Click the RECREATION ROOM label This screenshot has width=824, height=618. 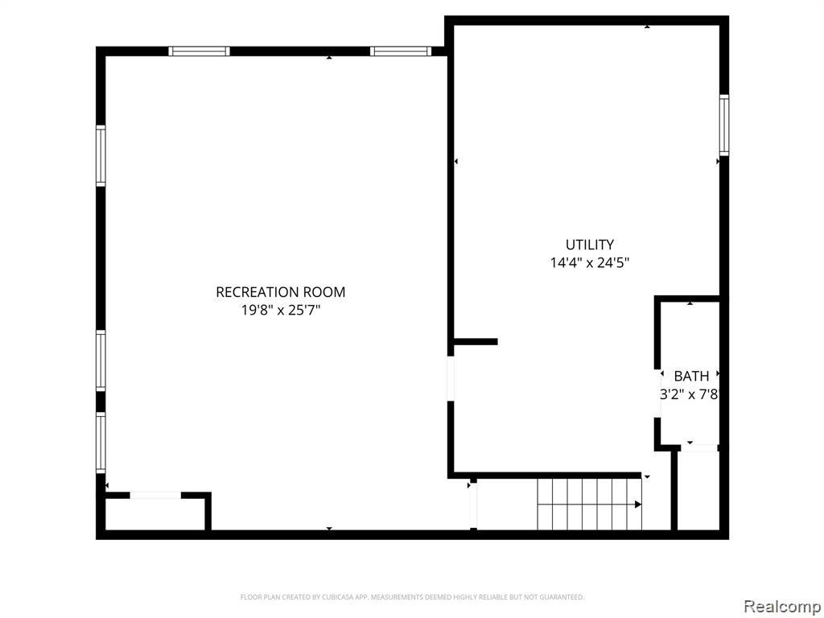[281, 292]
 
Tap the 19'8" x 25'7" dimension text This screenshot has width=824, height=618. [281, 311]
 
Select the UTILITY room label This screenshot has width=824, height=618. [590, 245]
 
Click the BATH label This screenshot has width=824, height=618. [691, 377]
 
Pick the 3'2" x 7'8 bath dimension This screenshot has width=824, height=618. [689, 394]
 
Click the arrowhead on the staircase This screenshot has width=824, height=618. [638, 505]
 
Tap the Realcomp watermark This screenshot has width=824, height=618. [781, 606]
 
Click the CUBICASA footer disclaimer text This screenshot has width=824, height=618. [413, 597]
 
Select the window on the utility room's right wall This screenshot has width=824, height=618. [724, 125]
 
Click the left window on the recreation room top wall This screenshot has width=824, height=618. [200, 51]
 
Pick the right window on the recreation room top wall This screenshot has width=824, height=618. [401, 51]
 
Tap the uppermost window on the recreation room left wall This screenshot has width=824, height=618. [101, 156]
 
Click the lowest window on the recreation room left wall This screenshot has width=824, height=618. [101, 443]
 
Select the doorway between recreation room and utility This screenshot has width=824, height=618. [451, 378]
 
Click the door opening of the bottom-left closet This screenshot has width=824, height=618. [155, 495]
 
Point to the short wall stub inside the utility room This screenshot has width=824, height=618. [476, 341]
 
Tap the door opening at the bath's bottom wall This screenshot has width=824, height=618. [699, 447]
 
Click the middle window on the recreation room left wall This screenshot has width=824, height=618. [101, 360]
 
